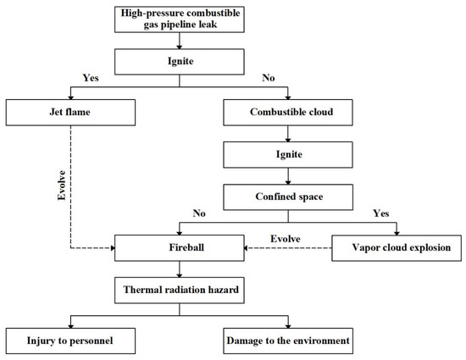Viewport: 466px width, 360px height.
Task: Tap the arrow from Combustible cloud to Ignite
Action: coord(289,132)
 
